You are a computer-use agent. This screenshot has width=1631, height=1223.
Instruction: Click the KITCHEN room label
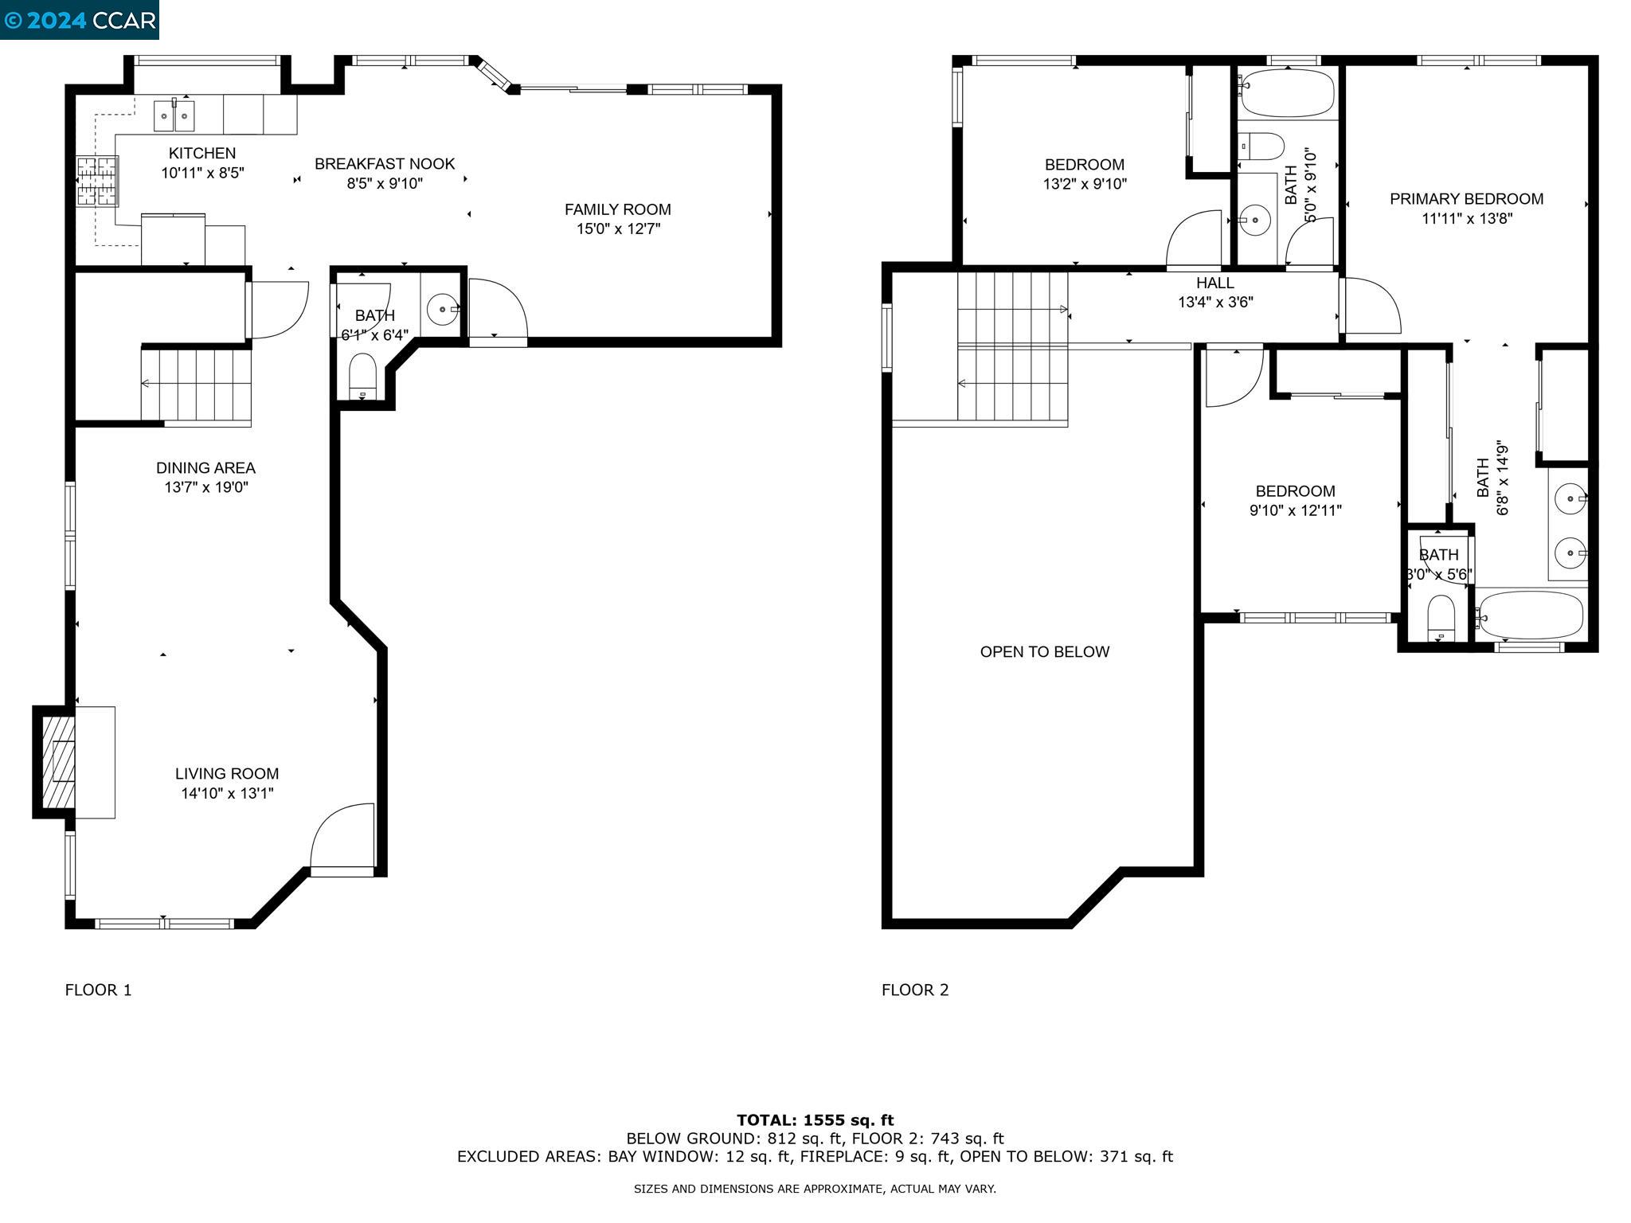point(202,153)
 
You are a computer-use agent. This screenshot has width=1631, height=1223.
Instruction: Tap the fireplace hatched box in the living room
point(58,762)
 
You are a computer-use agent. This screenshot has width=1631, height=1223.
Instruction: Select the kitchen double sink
point(174,115)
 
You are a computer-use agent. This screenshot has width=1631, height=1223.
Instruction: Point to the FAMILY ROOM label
point(618,209)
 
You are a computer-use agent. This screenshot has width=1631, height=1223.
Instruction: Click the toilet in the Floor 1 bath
point(363,376)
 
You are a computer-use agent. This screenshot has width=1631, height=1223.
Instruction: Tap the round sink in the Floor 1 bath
point(443,309)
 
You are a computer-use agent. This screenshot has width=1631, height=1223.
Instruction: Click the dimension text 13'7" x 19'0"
point(206,487)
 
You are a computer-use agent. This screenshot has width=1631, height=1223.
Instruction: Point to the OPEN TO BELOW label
point(1045,651)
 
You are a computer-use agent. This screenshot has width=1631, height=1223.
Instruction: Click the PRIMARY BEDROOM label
point(1467,199)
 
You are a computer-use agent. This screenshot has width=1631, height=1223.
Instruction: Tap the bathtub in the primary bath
point(1531,614)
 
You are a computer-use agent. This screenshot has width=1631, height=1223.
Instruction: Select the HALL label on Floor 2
point(1215,283)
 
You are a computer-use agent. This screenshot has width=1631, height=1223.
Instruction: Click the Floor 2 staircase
point(1012,346)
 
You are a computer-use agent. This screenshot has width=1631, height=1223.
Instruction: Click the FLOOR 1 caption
point(99,990)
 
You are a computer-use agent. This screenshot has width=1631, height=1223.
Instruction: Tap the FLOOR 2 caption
point(915,990)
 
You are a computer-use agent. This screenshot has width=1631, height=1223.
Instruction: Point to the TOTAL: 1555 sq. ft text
point(815,1120)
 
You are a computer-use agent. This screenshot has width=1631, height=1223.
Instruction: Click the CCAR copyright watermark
point(80,20)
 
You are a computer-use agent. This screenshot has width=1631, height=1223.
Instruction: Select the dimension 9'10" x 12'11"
point(1296,510)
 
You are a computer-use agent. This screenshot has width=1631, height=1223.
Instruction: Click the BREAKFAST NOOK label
point(385,163)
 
